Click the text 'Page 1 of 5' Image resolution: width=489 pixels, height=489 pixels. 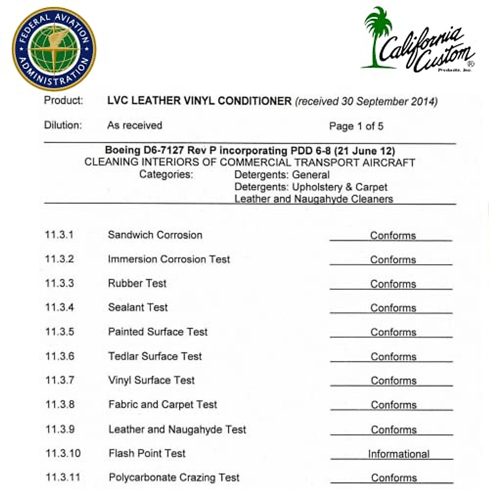click(x=356, y=126)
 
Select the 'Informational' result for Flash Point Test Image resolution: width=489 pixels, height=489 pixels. click(x=399, y=454)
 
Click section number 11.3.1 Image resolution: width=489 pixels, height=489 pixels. click(x=59, y=235)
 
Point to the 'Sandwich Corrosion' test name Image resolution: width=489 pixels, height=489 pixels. click(x=155, y=235)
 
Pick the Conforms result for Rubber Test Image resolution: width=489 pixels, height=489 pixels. click(x=393, y=284)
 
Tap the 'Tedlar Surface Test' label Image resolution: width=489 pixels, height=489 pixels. click(x=155, y=356)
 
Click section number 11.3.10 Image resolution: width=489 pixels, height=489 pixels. click(x=63, y=453)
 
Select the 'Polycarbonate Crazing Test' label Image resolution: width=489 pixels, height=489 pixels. click(x=174, y=477)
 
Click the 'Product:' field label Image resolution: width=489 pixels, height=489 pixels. click(x=64, y=100)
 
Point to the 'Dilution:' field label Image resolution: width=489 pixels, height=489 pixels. click(x=63, y=125)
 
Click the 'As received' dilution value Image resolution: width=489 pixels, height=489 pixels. click(x=134, y=125)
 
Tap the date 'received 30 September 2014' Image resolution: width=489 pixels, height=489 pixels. click(x=366, y=101)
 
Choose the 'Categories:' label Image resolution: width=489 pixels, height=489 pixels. click(x=166, y=174)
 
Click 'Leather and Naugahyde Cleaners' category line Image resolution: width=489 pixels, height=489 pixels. click(x=313, y=199)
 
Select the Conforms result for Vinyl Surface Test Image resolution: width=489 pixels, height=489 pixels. click(x=393, y=381)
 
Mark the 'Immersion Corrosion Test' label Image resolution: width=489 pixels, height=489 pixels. click(x=169, y=259)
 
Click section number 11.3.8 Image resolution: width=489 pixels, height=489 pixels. click(x=60, y=404)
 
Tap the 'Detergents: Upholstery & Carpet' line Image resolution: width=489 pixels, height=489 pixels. click(x=311, y=187)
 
